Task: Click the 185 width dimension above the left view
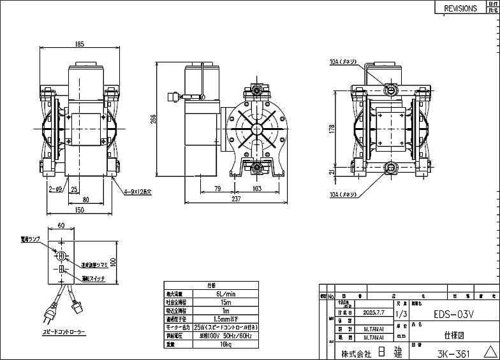pos(80,44)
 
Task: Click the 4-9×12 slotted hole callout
pos(138,190)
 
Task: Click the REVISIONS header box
pos(460,8)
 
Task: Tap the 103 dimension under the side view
pos(258,189)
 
